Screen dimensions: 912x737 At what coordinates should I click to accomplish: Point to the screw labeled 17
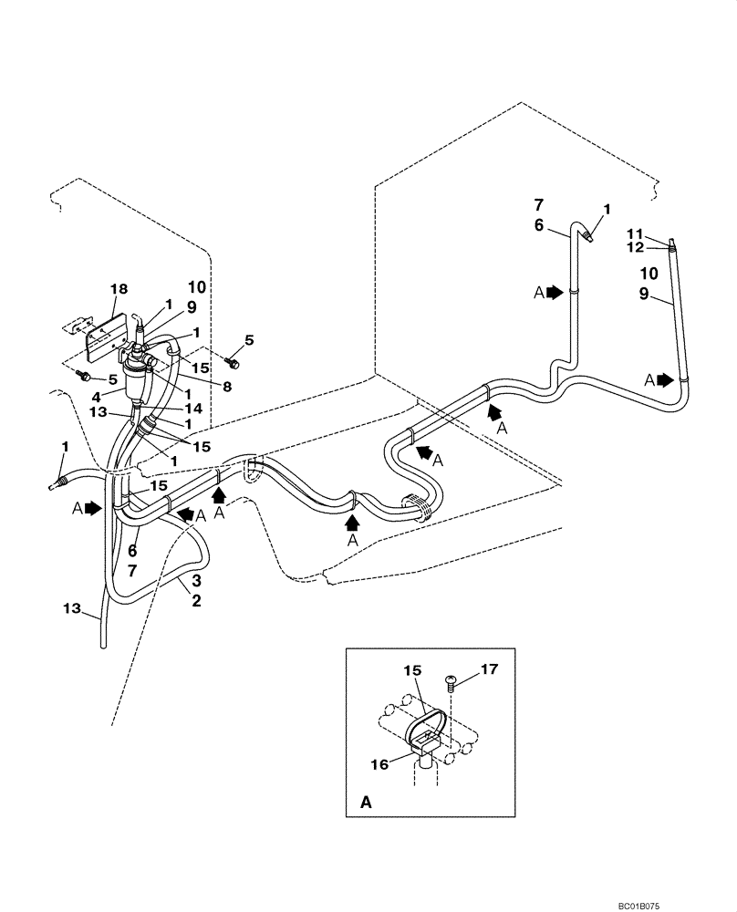pyautogui.click(x=451, y=679)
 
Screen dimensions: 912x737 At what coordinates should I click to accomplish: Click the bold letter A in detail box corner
pyautogui.click(x=366, y=803)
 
